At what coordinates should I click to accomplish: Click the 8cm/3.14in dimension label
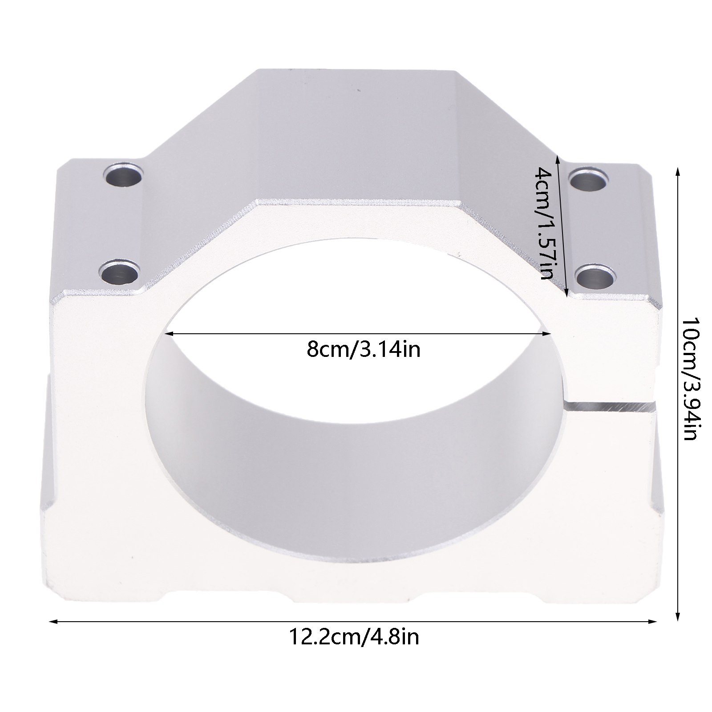click(x=363, y=350)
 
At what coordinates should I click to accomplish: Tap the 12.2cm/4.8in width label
click(x=354, y=637)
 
